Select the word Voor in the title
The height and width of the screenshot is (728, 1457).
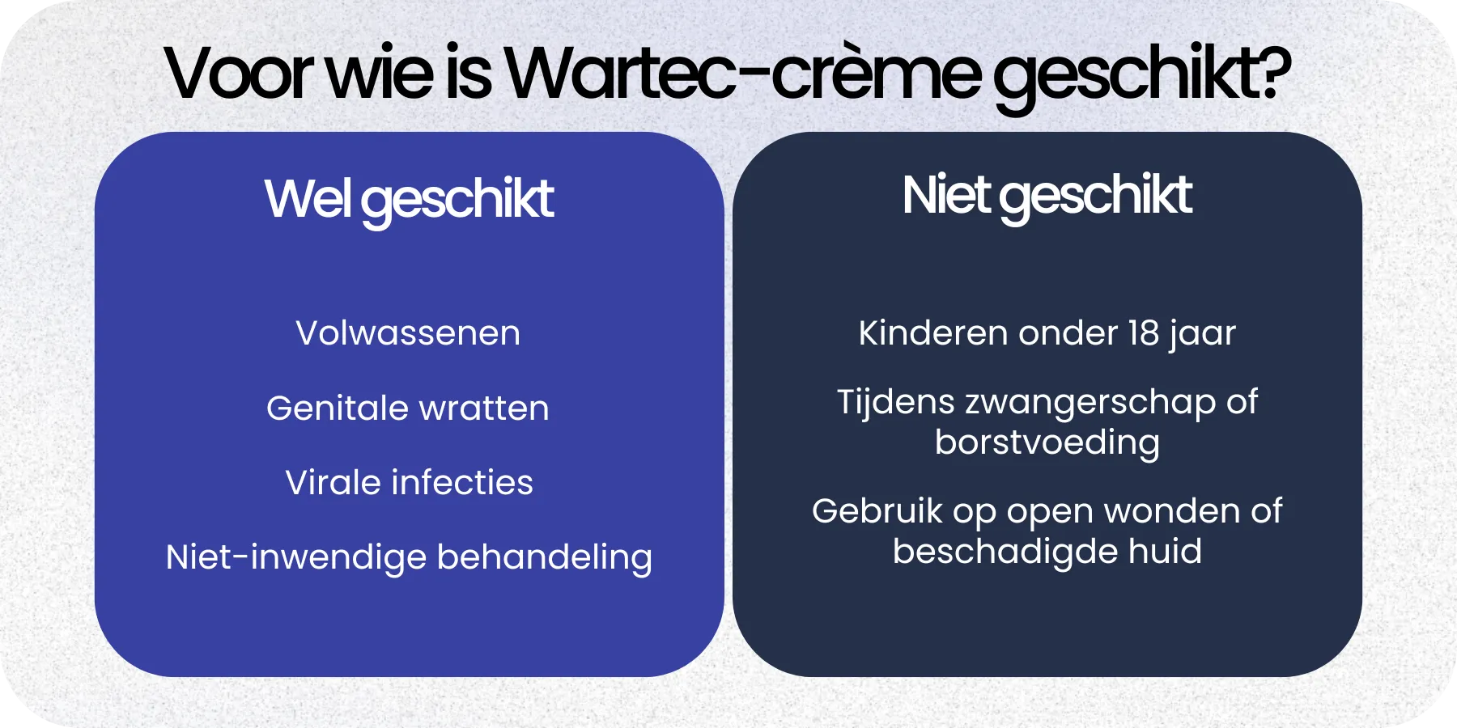click(239, 74)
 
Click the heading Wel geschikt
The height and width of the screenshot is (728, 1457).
click(409, 199)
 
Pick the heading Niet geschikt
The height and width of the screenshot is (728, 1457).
click(1047, 196)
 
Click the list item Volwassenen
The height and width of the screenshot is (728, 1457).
click(408, 333)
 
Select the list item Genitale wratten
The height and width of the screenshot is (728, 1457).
click(408, 408)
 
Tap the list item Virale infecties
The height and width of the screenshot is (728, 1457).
click(409, 483)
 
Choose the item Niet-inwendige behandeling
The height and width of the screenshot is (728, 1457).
click(409, 557)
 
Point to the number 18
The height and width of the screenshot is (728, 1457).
click(1145, 333)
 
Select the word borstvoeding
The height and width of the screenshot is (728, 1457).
click(1047, 443)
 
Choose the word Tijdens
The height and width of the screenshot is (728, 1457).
click(895, 402)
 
